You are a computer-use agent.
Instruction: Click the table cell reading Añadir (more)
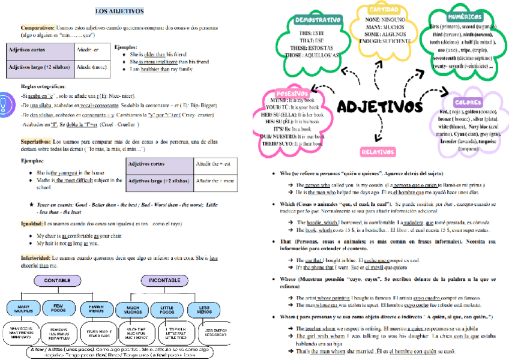tap(89, 67)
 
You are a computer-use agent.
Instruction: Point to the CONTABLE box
tap(62, 280)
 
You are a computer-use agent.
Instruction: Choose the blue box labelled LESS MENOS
tap(199, 309)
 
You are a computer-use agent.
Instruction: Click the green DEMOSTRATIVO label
tap(319, 20)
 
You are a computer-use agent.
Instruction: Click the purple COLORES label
tap(469, 103)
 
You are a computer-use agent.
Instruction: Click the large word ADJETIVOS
tap(379, 107)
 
